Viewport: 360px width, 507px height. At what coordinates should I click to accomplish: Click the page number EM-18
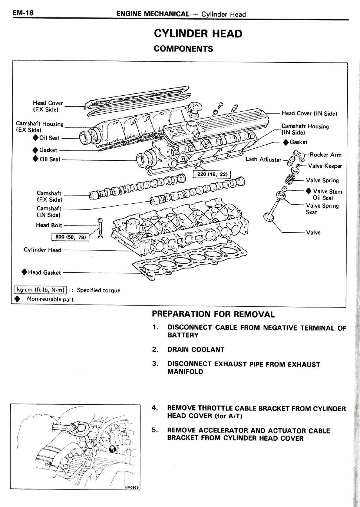pyautogui.click(x=23, y=13)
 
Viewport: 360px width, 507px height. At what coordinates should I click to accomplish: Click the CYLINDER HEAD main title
pyautogui.click(x=198, y=34)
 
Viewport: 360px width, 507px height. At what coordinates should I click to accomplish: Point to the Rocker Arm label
pyautogui.click(x=325, y=155)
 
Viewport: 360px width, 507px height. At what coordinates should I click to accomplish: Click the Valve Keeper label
pyautogui.click(x=325, y=166)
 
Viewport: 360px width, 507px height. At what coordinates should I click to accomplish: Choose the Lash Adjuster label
pyautogui.click(x=263, y=160)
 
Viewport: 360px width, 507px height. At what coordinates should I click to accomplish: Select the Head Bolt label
pyautogui.click(x=49, y=225)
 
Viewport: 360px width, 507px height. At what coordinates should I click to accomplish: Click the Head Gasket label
pyautogui.click(x=44, y=272)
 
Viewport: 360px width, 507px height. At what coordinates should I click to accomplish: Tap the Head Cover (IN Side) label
pyautogui.click(x=309, y=113)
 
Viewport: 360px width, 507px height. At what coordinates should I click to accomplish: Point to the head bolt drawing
pyautogui.click(x=100, y=226)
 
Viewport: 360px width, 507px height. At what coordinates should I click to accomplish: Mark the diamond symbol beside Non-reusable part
pyautogui.click(x=17, y=299)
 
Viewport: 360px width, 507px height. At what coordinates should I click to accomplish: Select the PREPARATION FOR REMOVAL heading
pyautogui.click(x=213, y=314)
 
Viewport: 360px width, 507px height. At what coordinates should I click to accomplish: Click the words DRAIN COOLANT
pyautogui.click(x=196, y=350)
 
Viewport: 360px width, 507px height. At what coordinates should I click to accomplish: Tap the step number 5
pyautogui.click(x=154, y=430)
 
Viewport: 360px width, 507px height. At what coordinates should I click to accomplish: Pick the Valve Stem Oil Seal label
pyautogui.click(x=327, y=195)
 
